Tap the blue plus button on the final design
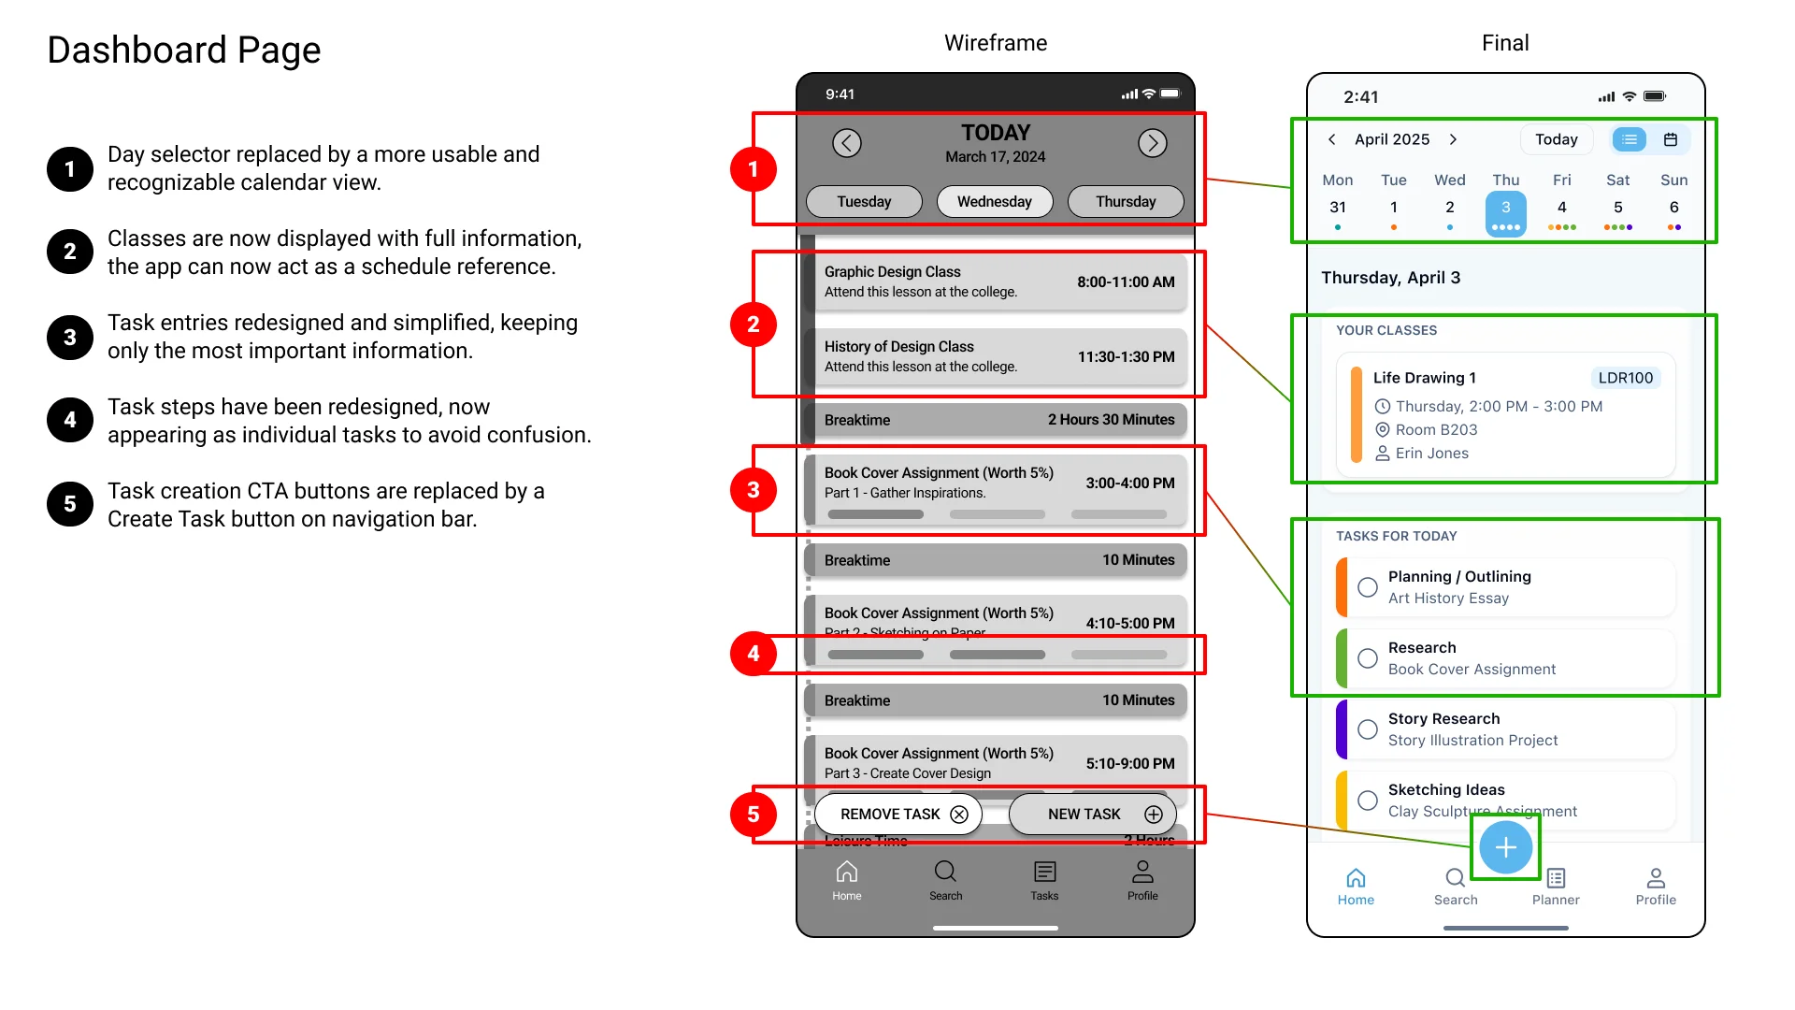tap(1505, 847)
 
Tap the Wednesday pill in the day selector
tap(994, 201)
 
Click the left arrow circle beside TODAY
tap(846, 142)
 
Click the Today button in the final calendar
tap(1556, 139)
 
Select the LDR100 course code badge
tap(1625, 378)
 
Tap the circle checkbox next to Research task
tap(1368, 658)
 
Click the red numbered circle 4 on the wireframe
tap(753, 654)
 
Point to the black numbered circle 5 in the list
tap(70, 504)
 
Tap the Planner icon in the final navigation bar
tap(1556, 878)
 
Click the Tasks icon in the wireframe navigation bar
tap(1044, 873)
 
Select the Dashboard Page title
tap(184, 50)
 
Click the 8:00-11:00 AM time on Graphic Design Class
tap(1126, 281)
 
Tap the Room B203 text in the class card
tap(1436, 429)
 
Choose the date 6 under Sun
tap(1673, 208)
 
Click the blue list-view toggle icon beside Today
tap(1630, 139)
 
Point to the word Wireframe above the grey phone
tap(995, 43)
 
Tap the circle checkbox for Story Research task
tap(1368, 729)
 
